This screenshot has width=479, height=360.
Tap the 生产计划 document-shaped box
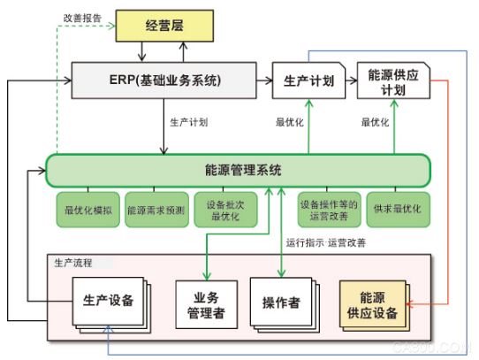click(308, 81)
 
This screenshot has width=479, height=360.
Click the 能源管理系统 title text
click(237, 168)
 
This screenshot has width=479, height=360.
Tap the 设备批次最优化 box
click(223, 210)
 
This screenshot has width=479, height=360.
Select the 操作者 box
click(280, 302)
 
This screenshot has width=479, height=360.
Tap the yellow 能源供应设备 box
click(372, 303)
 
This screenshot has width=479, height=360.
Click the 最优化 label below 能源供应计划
click(376, 122)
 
